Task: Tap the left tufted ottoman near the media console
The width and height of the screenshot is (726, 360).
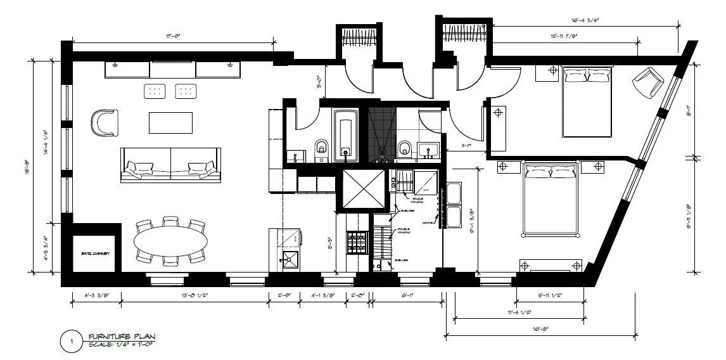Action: (155, 92)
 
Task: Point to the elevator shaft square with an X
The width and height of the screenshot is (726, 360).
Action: (364, 190)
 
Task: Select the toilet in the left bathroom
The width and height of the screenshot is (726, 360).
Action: (321, 150)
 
